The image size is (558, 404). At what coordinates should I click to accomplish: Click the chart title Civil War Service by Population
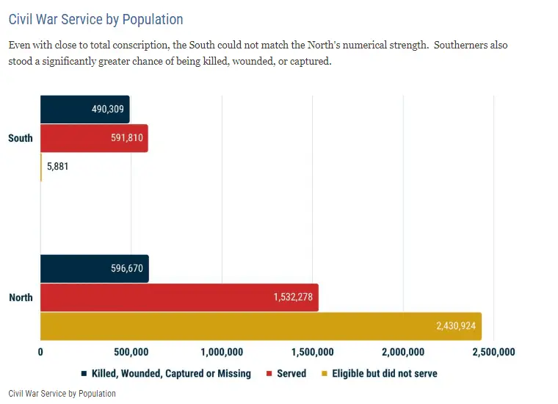click(x=95, y=19)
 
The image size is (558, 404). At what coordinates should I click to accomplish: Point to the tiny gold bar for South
click(x=41, y=167)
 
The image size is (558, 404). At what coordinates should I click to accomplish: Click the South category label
click(x=21, y=138)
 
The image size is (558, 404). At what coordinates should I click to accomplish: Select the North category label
click(x=21, y=297)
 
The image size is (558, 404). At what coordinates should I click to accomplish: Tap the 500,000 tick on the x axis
click(x=131, y=352)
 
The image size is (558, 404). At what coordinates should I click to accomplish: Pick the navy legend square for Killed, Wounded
click(x=85, y=374)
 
